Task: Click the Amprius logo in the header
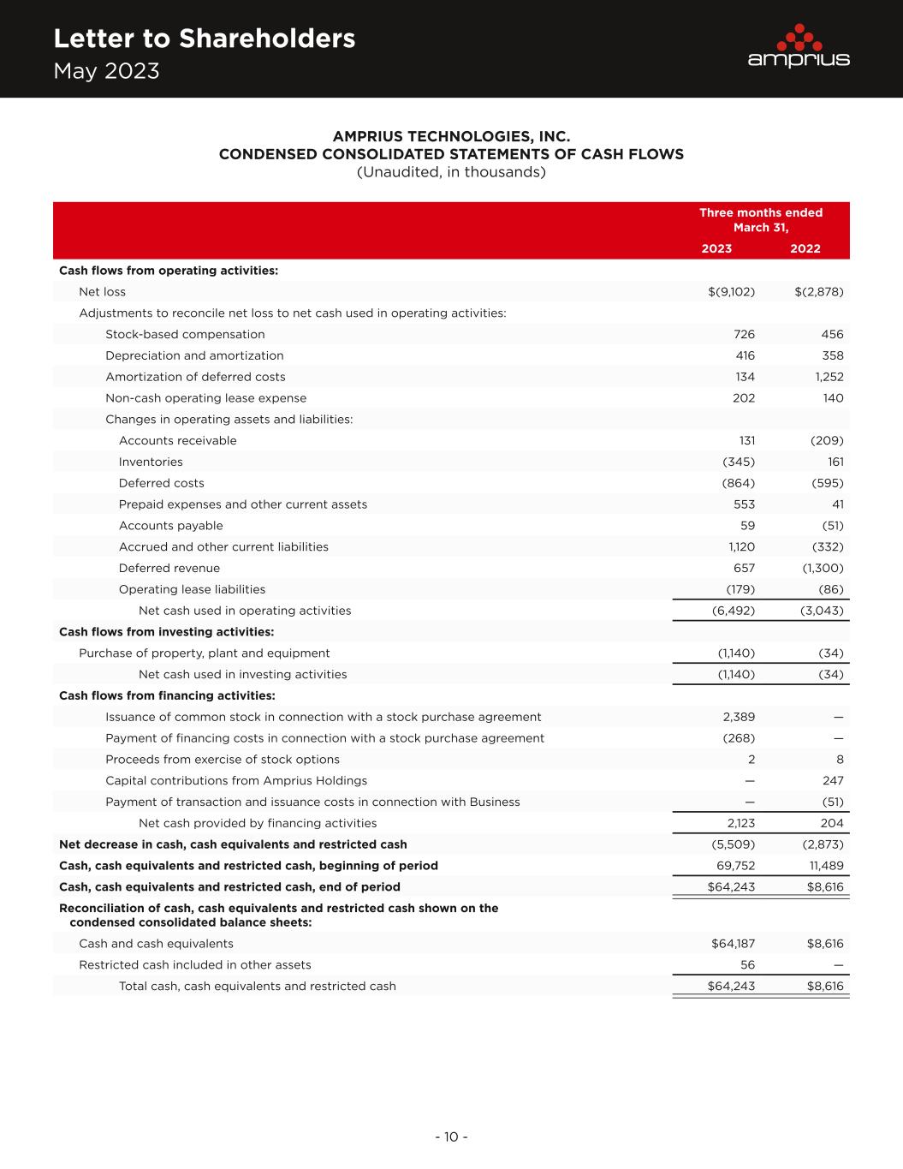pyautogui.click(x=798, y=46)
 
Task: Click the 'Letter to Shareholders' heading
pyautogui.click(x=204, y=39)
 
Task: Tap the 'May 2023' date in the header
pyautogui.click(x=106, y=71)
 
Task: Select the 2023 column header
pyautogui.click(x=716, y=248)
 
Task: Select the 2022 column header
pyautogui.click(x=805, y=248)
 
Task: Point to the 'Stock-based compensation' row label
pyautogui.click(x=185, y=334)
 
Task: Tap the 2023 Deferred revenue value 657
pyautogui.click(x=744, y=568)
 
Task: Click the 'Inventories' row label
pyautogui.click(x=151, y=462)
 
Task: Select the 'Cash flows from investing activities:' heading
pyautogui.click(x=166, y=632)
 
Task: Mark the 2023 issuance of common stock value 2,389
pyautogui.click(x=739, y=717)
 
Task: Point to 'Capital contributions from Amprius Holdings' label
pyautogui.click(x=236, y=780)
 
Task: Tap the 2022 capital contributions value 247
pyautogui.click(x=832, y=780)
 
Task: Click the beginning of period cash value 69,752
pyautogui.click(x=734, y=865)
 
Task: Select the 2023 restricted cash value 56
pyautogui.click(x=747, y=964)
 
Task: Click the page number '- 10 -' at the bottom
pyautogui.click(x=451, y=1137)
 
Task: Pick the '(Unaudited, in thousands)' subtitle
pyautogui.click(x=451, y=172)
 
